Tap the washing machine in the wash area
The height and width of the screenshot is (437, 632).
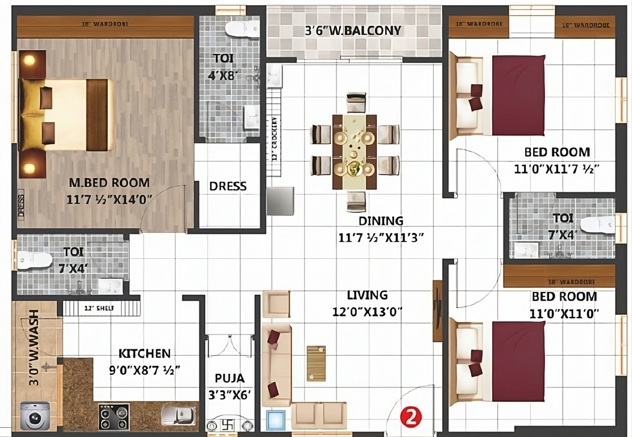pyautogui.click(x=34, y=416)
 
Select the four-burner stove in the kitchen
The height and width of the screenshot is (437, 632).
pyautogui.click(x=114, y=417)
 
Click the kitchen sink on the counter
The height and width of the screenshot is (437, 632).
pyautogui.click(x=178, y=415)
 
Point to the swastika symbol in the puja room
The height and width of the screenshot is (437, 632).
pyautogui.click(x=229, y=425)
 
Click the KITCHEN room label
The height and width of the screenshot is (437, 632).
pyautogui.click(x=144, y=353)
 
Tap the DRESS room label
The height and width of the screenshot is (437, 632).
pyautogui.click(x=228, y=186)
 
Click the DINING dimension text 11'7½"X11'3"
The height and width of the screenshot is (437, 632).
pyautogui.click(x=381, y=238)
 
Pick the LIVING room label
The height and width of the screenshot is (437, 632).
pyautogui.click(x=368, y=295)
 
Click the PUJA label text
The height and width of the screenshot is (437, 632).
pyautogui.click(x=230, y=378)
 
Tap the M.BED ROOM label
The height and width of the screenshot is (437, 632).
pyautogui.click(x=109, y=183)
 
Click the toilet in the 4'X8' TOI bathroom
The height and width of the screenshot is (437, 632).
pyautogui.click(x=242, y=28)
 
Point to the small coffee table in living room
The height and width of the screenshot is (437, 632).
pyautogui.click(x=316, y=362)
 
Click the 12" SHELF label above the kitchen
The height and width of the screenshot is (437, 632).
pyautogui.click(x=99, y=308)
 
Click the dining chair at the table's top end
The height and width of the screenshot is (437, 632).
pyautogui.click(x=356, y=102)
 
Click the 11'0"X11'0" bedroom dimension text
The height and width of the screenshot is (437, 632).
pyautogui.click(x=564, y=314)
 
